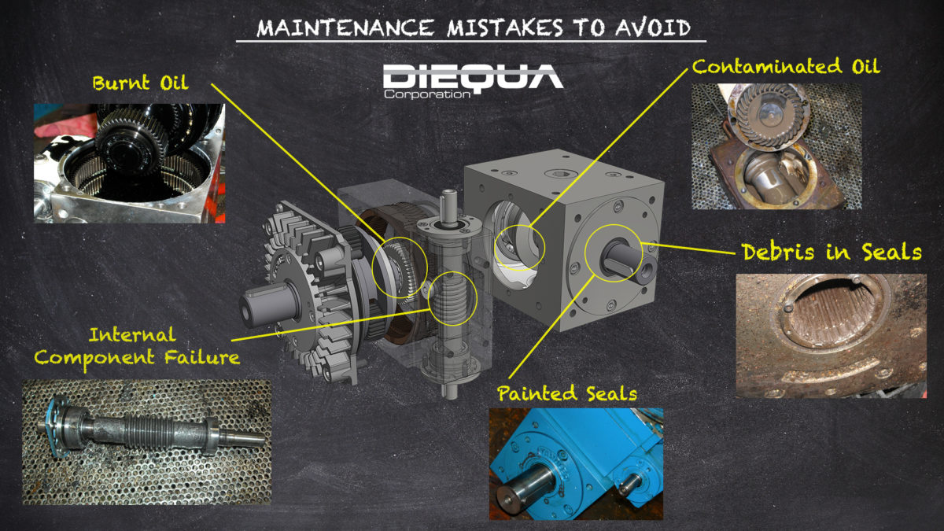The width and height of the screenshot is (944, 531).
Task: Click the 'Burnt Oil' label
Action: (x=140, y=83)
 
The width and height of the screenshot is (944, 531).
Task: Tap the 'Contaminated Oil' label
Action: (x=786, y=67)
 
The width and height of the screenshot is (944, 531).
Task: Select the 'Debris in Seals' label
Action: (x=832, y=253)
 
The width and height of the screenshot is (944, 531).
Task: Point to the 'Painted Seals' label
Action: (x=566, y=393)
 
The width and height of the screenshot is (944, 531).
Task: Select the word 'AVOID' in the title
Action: (x=652, y=28)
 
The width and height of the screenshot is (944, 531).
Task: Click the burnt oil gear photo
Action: (x=129, y=163)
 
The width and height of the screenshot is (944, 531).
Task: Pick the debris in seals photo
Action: (x=831, y=335)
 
